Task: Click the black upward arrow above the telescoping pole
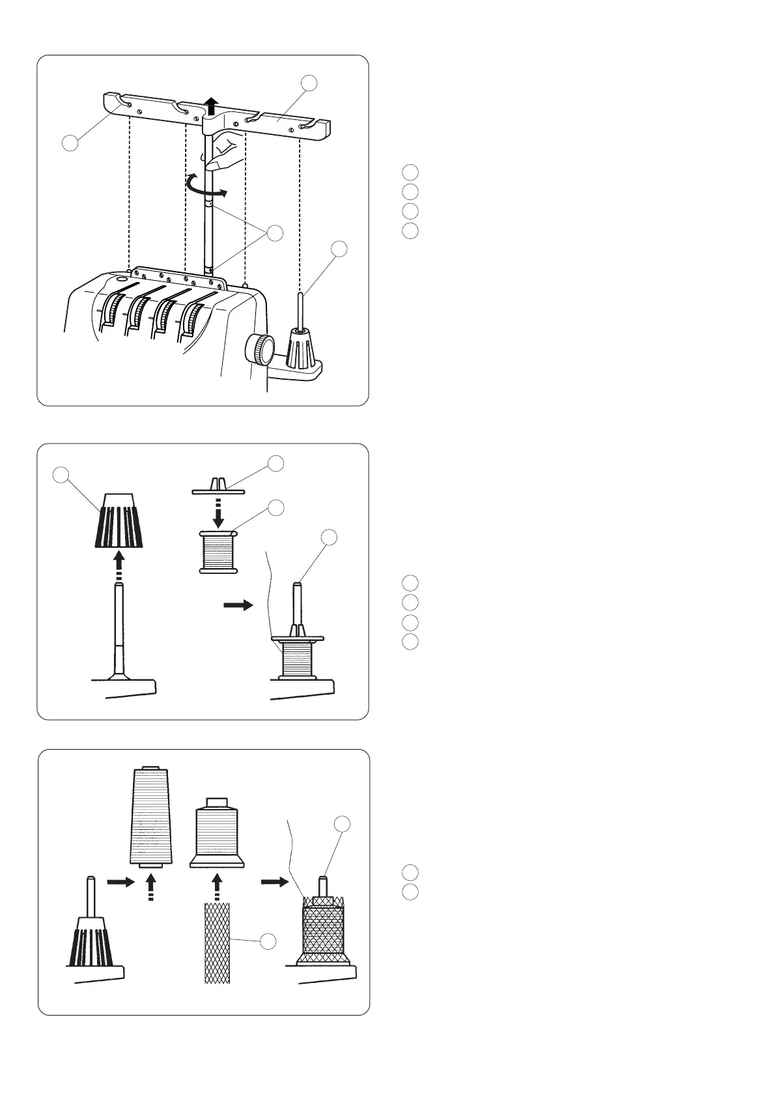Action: tap(210, 105)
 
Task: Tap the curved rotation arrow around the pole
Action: tap(206, 186)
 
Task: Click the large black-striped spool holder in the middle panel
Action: tap(117, 519)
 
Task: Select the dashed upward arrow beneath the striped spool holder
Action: tap(118, 565)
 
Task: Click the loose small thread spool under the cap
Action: tap(218, 551)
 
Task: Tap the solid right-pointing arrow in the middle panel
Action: tap(237, 605)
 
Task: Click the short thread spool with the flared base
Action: tap(217, 834)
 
